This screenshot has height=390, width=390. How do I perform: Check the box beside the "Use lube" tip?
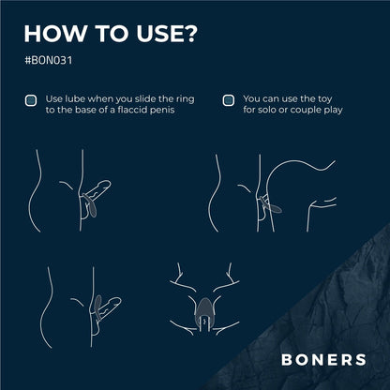31,99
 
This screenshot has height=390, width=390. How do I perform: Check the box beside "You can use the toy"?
228,99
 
